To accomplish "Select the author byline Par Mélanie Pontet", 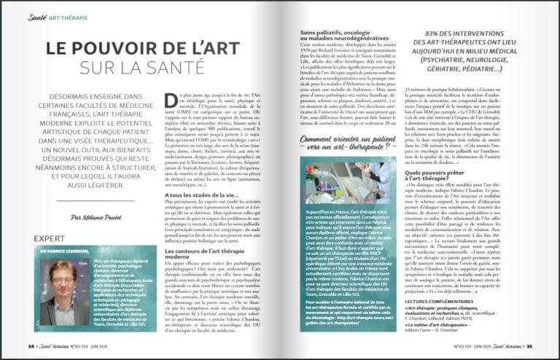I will coord(96,216).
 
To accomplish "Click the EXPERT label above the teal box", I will coord(50,238).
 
